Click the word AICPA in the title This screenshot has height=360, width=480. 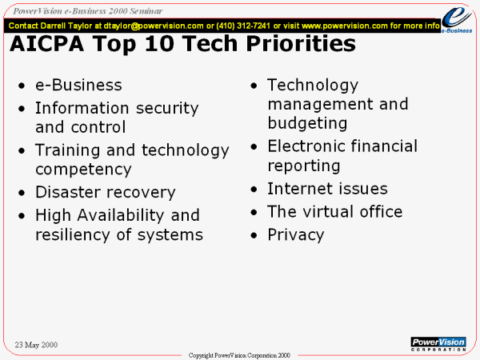click(47, 43)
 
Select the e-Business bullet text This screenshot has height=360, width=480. click(78, 85)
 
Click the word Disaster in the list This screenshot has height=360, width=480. click(68, 192)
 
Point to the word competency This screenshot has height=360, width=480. click(83, 170)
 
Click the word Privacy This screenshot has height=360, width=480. click(296, 235)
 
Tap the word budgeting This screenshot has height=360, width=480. click(307, 123)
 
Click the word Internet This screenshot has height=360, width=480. click(298, 189)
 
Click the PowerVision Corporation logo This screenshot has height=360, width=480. click(438, 344)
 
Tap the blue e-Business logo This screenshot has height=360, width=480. click(457, 19)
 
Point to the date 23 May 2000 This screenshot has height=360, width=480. click(36, 345)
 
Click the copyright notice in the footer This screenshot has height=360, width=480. click(239, 355)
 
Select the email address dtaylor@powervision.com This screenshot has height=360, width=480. click(154, 26)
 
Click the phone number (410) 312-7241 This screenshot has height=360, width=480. click(243, 26)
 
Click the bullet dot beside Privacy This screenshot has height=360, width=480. click(254, 236)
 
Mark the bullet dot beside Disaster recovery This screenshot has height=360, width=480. click(22, 193)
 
